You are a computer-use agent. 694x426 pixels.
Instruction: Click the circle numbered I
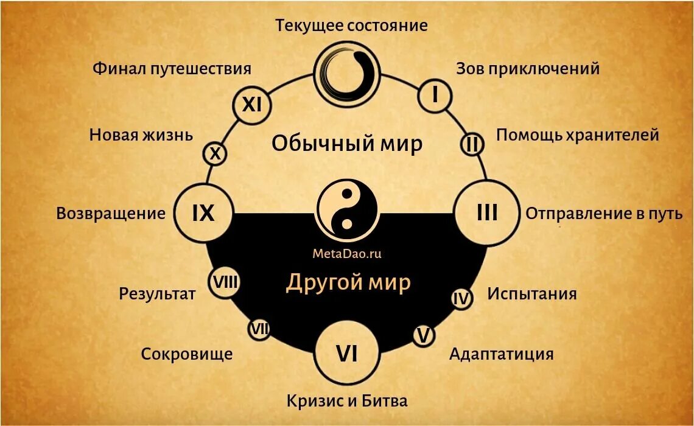point(435,96)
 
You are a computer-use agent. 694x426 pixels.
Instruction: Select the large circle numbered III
point(487,213)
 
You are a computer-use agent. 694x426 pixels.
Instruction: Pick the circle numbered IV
point(461,299)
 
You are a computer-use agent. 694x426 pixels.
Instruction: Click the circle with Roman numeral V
point(424,335)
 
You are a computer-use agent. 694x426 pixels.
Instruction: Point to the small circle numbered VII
point(259,329)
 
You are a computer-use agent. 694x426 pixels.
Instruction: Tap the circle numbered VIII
point(225,282)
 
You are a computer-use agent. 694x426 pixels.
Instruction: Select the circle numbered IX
point(204,213)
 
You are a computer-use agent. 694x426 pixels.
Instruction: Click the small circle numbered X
point(215,154)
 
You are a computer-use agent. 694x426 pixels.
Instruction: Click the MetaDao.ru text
point(347,254)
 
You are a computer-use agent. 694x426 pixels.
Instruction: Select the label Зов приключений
point(528,68)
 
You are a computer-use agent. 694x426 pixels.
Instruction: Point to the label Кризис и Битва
point(347,401)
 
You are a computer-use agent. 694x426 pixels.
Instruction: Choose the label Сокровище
point(187,354)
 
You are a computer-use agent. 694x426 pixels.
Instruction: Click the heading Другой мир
point(348,282)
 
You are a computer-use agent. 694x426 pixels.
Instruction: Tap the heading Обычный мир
point(347,144)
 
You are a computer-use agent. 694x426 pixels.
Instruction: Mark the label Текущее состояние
point(351,26)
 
